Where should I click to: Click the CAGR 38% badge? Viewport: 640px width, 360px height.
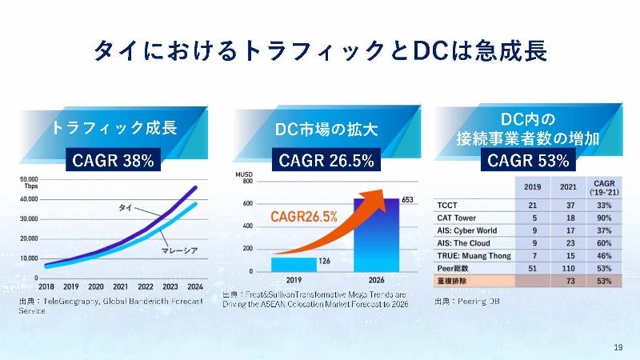(113, 161)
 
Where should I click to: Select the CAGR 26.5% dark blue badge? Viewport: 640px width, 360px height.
(326, 161)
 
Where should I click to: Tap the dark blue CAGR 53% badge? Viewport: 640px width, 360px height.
(528, 161)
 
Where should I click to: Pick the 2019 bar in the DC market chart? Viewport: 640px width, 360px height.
(293, 264)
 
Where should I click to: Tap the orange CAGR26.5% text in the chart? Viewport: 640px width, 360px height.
(304, 216)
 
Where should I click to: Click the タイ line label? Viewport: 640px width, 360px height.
(126, 208)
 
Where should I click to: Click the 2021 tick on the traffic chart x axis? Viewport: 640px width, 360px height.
(121, 286)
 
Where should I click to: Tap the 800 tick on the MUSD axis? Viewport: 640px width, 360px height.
(247, 182)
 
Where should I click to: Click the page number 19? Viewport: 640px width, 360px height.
(618, 346)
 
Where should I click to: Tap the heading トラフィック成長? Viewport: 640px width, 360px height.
(114, 128)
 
